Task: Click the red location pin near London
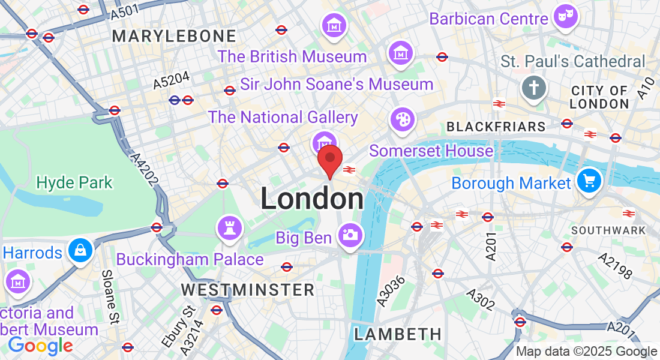click(x=329, y=159)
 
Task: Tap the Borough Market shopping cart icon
click(x=589, y=180)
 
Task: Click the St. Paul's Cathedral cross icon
click(x=533, y=88)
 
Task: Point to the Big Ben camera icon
click(x=349, y=235)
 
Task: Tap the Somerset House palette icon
click(x=401, y=119)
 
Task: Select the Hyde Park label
click(x=74, y=182)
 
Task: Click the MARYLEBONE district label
click(x=174, y=37)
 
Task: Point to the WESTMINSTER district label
click(x=248, y=290)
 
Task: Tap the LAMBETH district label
click(x=397, y=334)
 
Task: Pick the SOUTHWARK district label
click(x=608, y=230)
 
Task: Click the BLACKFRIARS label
click(x=496, y=127)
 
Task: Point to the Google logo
click(x=40, y=345)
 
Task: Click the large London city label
click(x=312, y=199)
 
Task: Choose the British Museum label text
click(x=292, y=57)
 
